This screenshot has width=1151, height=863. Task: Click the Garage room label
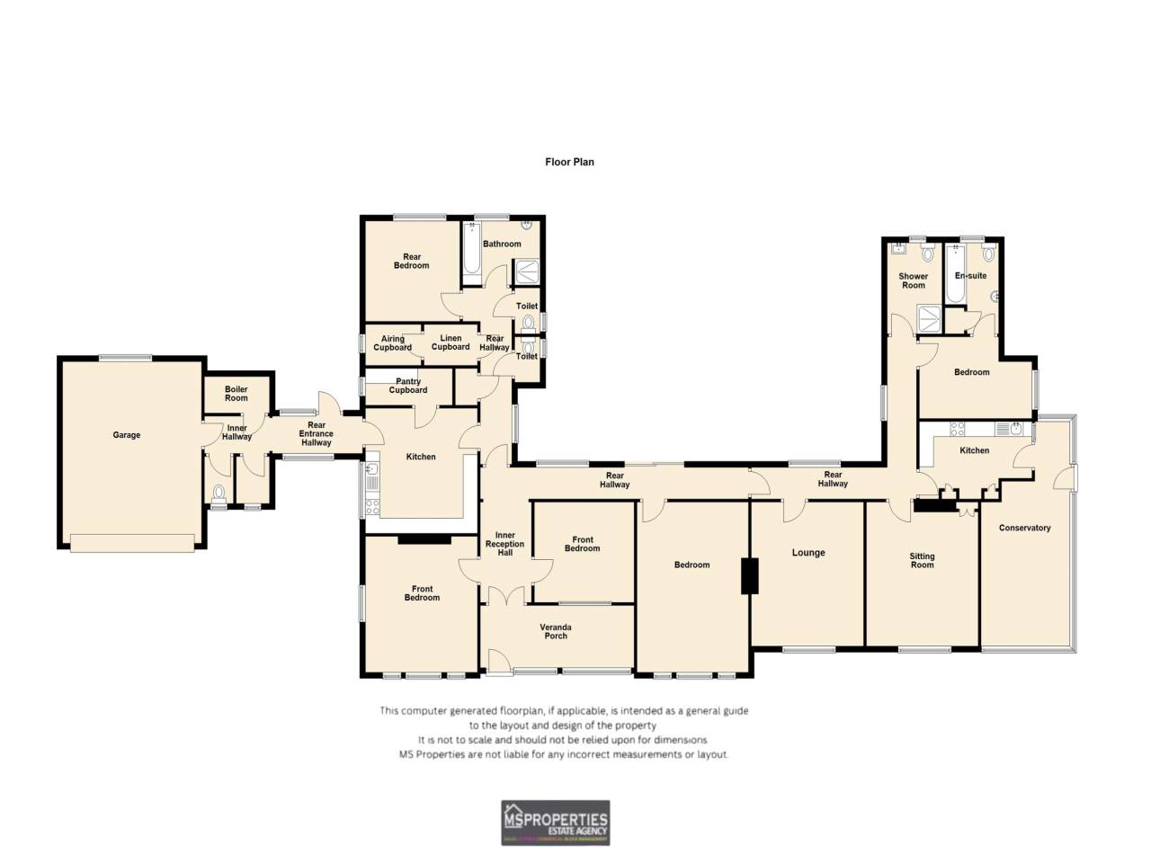[126, 435]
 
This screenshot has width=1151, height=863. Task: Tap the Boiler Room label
[236, 394]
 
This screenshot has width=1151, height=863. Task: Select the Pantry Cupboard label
[408, 386]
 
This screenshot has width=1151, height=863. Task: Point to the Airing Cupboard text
[393, 343]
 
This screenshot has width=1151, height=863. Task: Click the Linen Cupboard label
[451, 343]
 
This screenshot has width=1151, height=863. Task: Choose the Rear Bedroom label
[412, 261]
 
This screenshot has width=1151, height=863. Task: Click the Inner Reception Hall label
[505, 544]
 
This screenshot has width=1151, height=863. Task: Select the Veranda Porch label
[556, 631]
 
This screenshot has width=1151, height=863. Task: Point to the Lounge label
[808, 553]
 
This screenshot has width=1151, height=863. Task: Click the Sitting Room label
[922, 560]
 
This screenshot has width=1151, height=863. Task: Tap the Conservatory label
[1024, 528]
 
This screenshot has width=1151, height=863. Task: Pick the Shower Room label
[914, 280]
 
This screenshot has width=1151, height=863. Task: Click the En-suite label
[971, 276]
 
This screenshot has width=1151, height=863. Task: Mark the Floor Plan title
[569, 162]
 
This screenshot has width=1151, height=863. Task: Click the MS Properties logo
[555, 823]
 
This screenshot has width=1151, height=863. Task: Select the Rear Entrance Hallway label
[317, 434]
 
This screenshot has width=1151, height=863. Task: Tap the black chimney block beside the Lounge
[749, 575]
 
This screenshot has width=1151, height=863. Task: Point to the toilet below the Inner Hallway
[219, 493]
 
